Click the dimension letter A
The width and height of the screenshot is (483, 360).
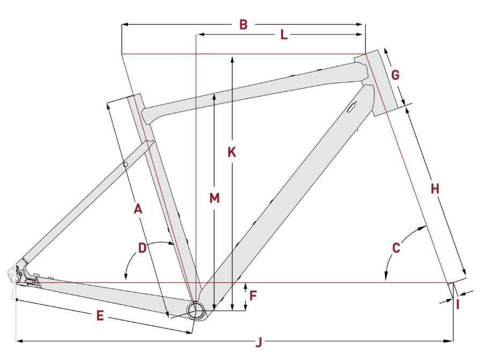pyautogui.click(x=138, y=209)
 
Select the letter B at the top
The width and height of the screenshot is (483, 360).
pyautogui.click(x=243, y=25)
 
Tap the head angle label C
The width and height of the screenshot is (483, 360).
pyautogui.click(x=396, y=248)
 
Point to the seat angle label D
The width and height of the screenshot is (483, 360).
pyautogui.click(x=142, y=248)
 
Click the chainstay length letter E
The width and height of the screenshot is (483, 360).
pyautogui.click(x=100, y=315)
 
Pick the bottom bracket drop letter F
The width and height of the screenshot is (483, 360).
pyautogui.click(x=253, y=296)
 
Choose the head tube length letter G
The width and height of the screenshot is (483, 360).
pyautogui.click(x=395, y=75)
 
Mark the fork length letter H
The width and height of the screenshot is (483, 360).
pyautogui.click(x=435, y=189)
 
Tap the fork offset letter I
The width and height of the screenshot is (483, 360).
pyautogui.click(x=458, y=305)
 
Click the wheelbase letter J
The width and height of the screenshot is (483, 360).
pyautogui.click(x=259, y=342)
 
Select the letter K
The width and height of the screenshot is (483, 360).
pyautogui.click(x=232, y=152)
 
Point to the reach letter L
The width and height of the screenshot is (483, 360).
pyautogui.click(x=284, y=34)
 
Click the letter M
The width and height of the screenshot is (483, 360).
pyautogui.click(x=214, y=198)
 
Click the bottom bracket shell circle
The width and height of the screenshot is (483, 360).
pyautogui.click(x=196, y=310)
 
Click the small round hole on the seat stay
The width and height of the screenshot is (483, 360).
pyautogui.click(x=125, y=164)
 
